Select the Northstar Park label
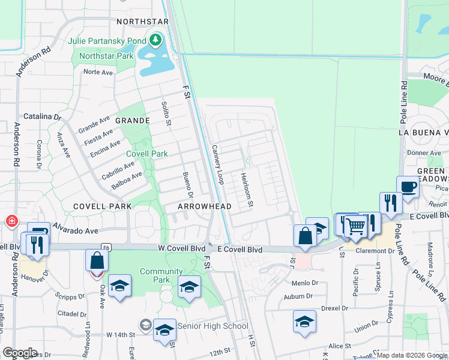pos(106,56)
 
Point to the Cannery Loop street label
pos(217,164)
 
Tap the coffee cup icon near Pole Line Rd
pos(408,187)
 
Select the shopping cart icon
pos(355,226)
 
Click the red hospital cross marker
pos(11,221)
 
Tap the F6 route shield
pos(106,247)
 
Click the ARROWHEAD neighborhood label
pos(205,206)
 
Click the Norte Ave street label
pos(98,72)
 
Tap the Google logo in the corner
pos(20,352)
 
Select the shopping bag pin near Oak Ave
pos(97,261)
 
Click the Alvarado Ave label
pos(74,230)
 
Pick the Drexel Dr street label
pos(335,308)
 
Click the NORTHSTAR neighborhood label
pos(142,22)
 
